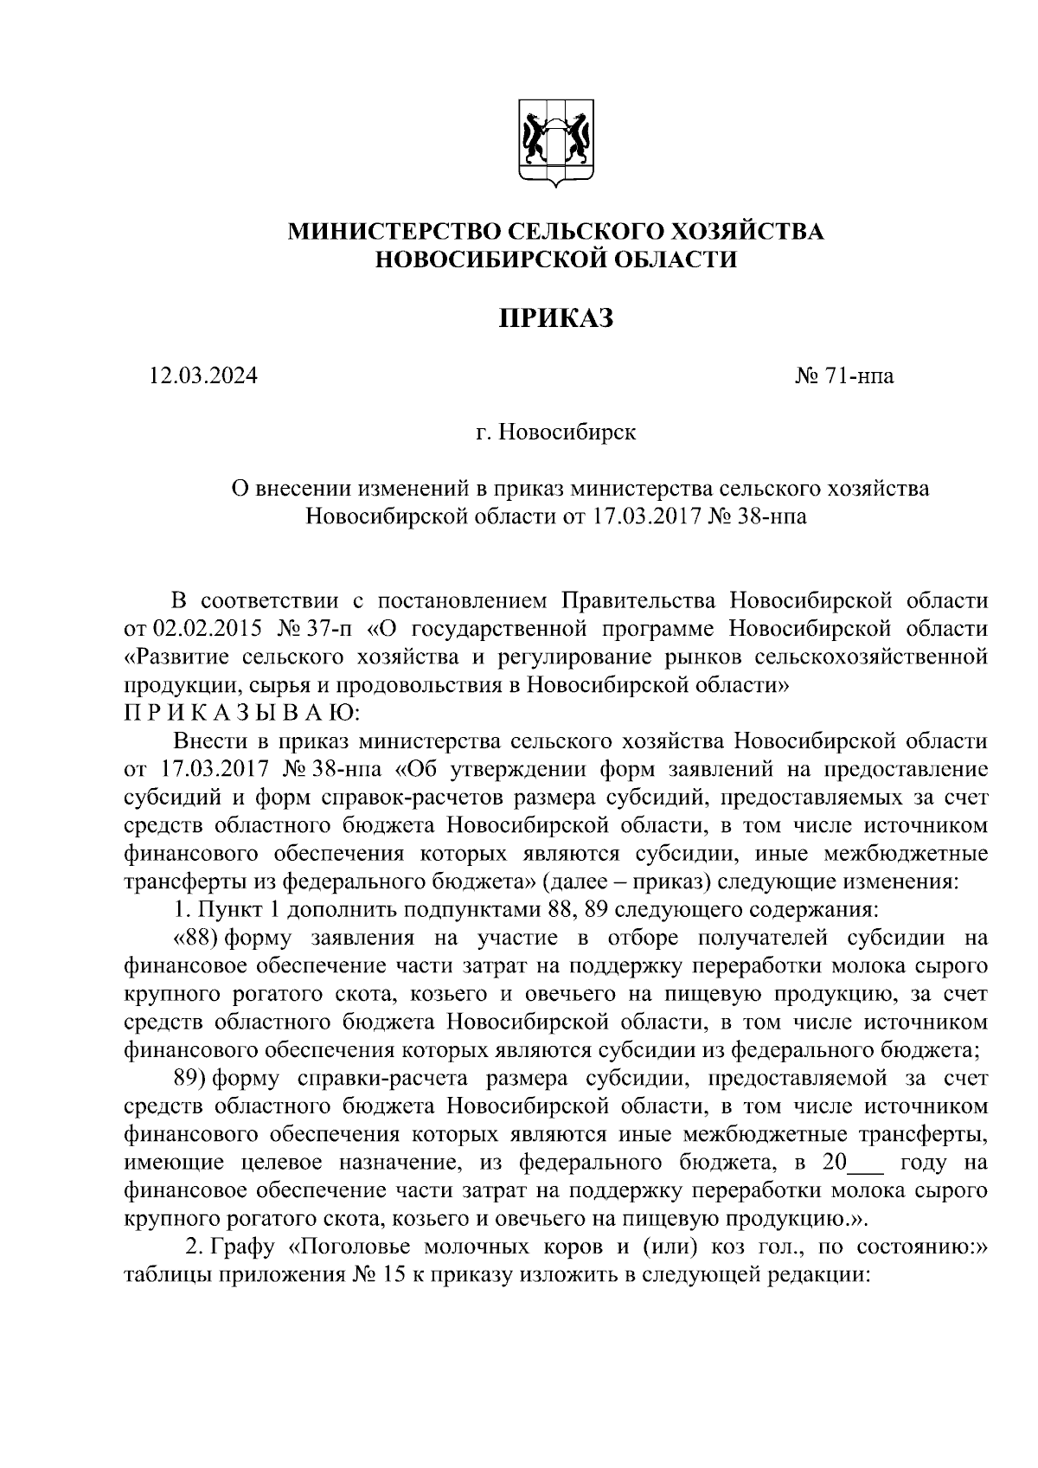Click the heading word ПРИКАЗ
pyautogui.click(x=555, y=317)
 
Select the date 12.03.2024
pyautogui.click(x=203, y=376)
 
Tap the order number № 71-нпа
pyautogui.click(x=844, y=376)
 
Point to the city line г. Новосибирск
pyautogui.click(x=555, y=432)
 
